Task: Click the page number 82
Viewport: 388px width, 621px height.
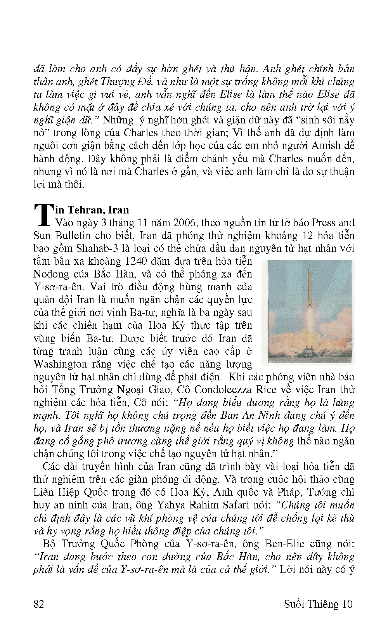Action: click(x=39, y=604)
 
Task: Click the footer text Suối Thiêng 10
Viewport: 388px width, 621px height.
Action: click(x=318, y=604)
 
